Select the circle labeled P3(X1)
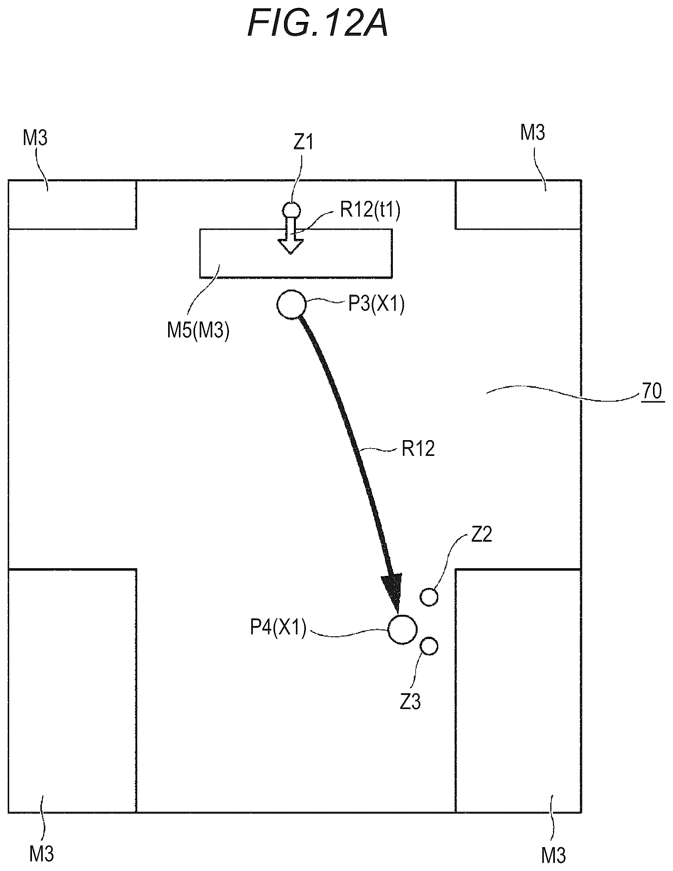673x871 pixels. coord(292,304)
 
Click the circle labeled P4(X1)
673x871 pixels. coord(402,629)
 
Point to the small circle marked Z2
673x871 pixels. coord(429,597)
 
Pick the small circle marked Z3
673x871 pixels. coord(429,646)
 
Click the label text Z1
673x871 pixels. coord(303,142)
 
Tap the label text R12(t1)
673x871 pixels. coord(370,210)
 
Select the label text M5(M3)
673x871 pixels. coord(198,330)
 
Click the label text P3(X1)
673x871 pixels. coord(377,304)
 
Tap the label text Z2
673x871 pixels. coord(481,534)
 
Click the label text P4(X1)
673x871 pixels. coord(278,627)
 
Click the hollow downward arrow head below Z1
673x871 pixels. coord(291,247)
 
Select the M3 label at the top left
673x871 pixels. coord(35,138)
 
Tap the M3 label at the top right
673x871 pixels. coord(533,132)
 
